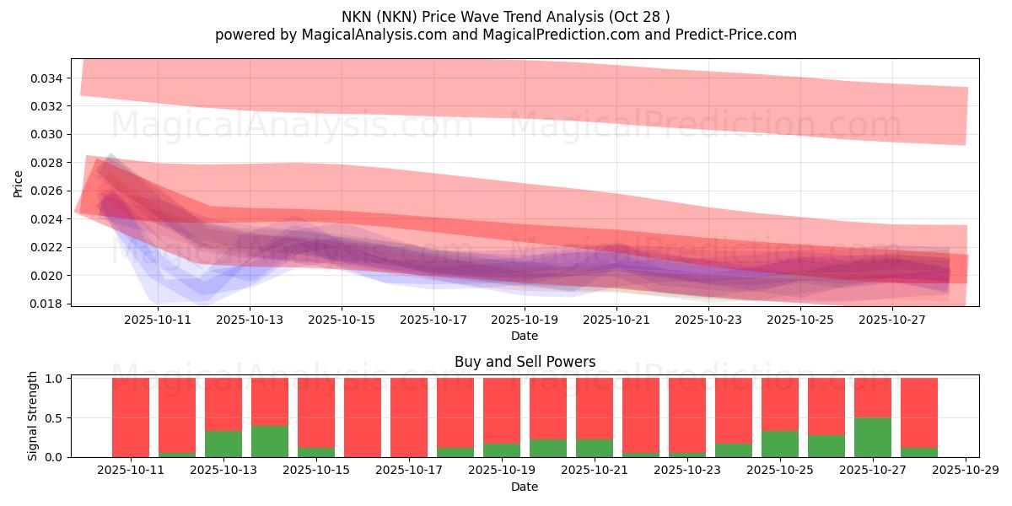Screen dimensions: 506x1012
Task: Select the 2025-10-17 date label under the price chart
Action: point(433,320)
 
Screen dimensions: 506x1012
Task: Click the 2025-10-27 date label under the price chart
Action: point(893,320)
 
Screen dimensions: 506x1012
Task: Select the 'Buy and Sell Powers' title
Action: point(525,362)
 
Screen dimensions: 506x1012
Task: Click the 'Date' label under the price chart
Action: point(525,336)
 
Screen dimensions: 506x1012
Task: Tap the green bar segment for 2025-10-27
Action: point(873,437)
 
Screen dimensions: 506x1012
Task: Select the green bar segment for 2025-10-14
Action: point(270,441)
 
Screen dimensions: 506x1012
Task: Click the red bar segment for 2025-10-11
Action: point(131,417)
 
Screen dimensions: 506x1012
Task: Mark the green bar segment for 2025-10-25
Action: point(780,444)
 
